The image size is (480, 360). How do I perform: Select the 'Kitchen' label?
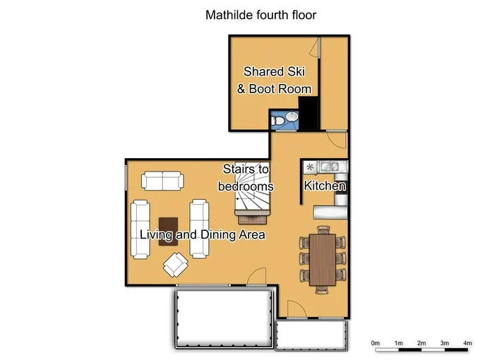325,186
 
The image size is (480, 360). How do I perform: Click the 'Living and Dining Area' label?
202,234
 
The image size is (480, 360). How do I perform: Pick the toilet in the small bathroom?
280,122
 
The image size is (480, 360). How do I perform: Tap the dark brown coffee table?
168,230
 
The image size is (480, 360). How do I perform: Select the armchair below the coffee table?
175,265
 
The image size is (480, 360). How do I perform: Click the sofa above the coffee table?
162,181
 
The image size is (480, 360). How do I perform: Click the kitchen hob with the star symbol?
310,167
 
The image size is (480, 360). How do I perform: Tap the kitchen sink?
329,167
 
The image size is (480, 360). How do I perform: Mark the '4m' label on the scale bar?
467,342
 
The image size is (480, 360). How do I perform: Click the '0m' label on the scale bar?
376,342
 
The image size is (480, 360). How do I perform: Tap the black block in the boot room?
308,113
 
